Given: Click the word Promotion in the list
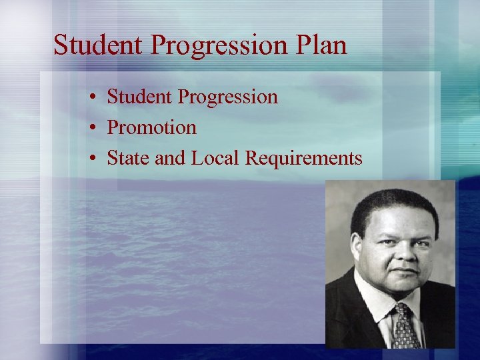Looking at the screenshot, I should click(152, 127).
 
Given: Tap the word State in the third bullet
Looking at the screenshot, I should click(126, 158).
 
